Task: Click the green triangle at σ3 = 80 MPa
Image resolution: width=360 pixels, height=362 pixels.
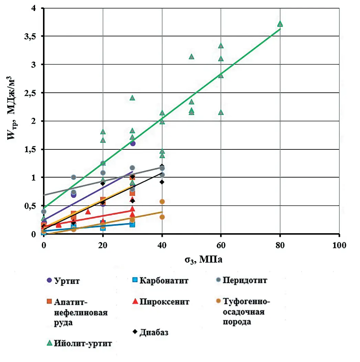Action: pyautogui.click(x=280, y=24)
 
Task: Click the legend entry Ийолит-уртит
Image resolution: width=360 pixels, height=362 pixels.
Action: pyautogui.click(x=83, y=343)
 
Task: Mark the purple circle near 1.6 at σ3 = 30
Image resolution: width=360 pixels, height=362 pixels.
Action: pyautogui.click(x=133, y=143)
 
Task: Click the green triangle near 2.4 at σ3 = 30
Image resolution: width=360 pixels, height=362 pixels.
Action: pyautogui.click(x=132, y=98)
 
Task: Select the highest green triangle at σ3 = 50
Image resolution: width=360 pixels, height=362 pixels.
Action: pyautogui.click(x=192, y=57)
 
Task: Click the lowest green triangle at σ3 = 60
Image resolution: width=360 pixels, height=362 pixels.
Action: pyautogui.click(x=221, y=112)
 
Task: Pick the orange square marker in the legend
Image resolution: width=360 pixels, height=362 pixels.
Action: pyautogui.click(x=50, y=301)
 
